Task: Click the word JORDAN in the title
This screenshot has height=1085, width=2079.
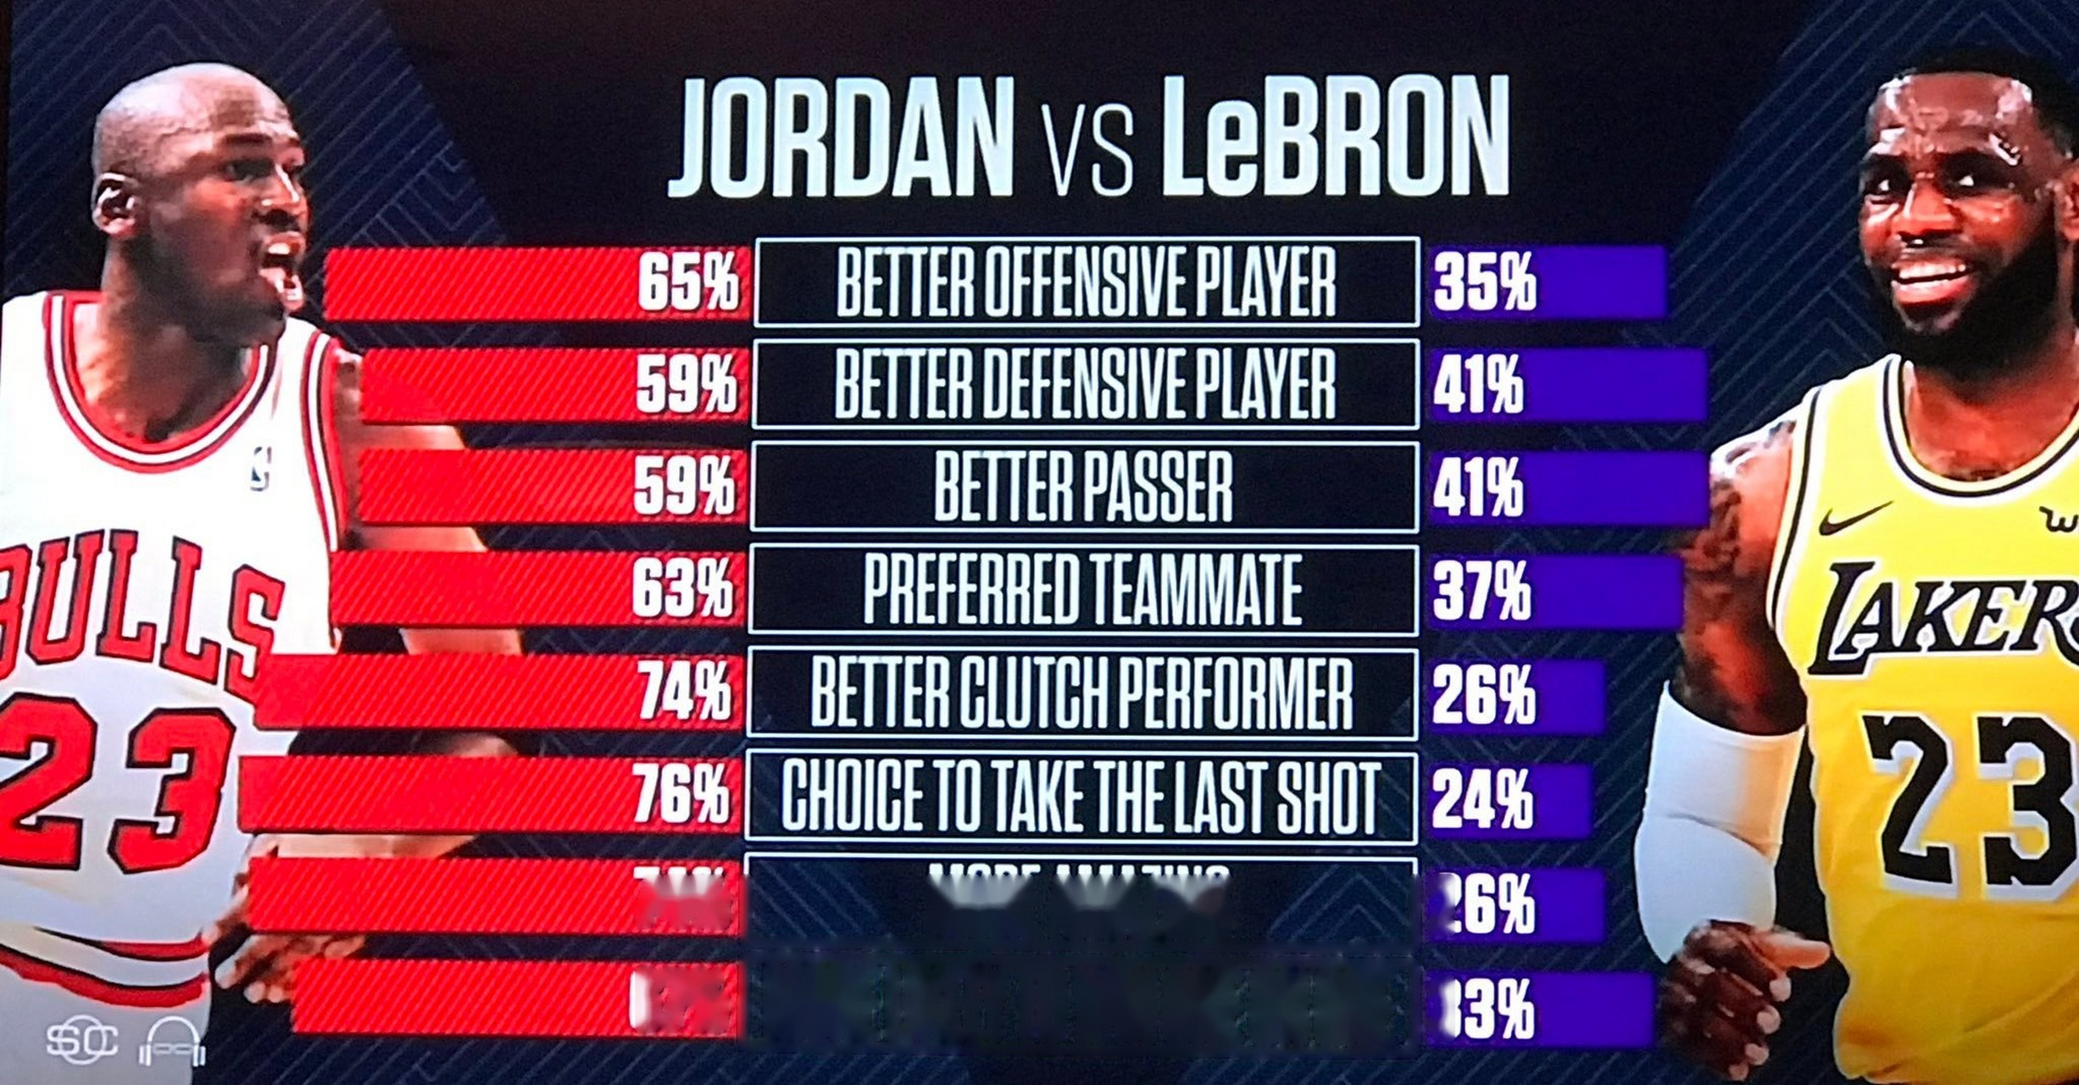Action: [x=841, y=137]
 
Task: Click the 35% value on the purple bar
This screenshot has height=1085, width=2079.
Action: [x=1484, y=283]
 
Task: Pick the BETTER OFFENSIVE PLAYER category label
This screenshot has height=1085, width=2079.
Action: [x=1086, y=282]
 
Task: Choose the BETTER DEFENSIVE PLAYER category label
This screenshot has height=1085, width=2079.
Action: [x=1085, y=385]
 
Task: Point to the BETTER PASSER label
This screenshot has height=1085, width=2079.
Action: [x=1083, y=487]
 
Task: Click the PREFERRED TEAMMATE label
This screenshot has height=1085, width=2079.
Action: [x=1082, y=590]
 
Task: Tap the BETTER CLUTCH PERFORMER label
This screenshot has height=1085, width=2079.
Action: [x=1081, y=693]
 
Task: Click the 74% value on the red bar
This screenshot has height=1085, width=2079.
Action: [x=684, y=692]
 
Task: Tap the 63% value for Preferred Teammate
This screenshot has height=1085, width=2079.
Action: [x=682, y=588]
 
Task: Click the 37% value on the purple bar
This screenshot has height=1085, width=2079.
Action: [x=1482, y=591]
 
